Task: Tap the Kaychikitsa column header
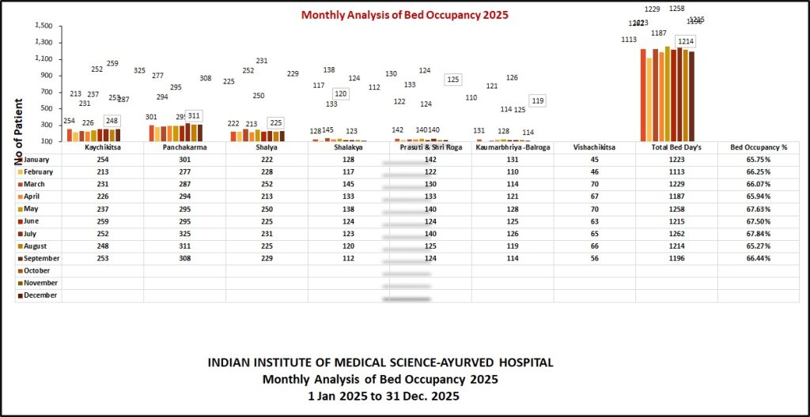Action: click(102, 148)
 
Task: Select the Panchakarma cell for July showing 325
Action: click(184, 233)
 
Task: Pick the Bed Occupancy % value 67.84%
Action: click(758, 233)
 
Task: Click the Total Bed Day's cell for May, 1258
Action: click(676, 209)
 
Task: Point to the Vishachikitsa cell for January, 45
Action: click(594, 160)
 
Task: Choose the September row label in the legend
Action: click(42, 258)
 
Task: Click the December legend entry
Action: click(42, 295)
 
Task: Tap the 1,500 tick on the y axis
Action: click(44, 25)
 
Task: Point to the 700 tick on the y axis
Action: click(47, 92)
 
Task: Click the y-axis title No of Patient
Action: click(17, 130)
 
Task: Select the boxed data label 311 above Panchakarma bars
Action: click(194, 115)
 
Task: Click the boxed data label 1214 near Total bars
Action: click(685, 41)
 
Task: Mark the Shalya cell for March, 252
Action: click(267, 184)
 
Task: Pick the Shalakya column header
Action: click(348, 148)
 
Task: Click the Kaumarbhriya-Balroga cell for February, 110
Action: click(512, 171)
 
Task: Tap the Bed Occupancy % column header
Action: click(758, 148)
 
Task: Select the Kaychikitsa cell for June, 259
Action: click(102, 221)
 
